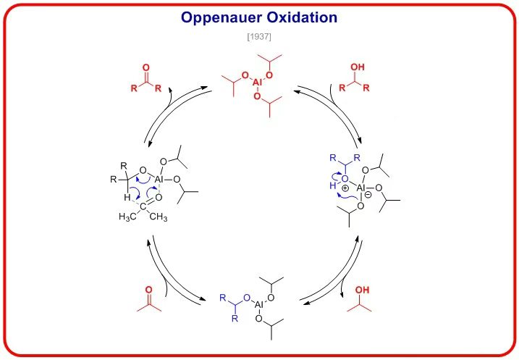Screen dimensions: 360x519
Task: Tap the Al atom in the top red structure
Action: click(x=258, y=83)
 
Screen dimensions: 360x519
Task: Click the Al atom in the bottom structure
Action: click(x=259, y=306)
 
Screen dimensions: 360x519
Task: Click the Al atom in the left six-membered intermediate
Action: click(x=161, y=178)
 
